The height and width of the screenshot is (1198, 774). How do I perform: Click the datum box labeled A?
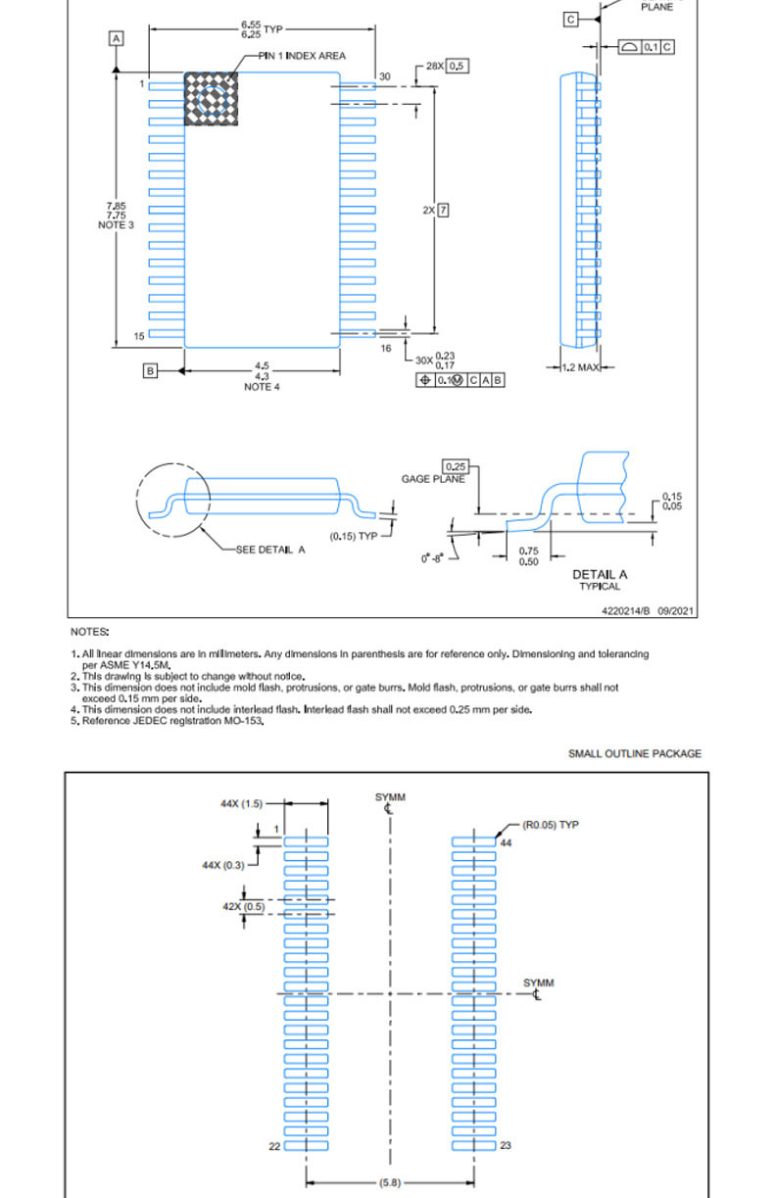tap(116, 38)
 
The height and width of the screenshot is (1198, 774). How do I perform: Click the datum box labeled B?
tap(150, 370)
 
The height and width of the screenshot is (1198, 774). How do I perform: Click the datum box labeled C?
tap(571, 20)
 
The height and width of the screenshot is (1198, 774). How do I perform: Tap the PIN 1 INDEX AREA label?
tap(302, 56)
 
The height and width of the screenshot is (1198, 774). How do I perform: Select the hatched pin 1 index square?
tap(211, 99)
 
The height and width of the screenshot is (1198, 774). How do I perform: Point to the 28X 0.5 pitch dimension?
tap(447, 66)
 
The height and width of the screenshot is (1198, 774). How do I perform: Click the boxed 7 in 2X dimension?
tap(443, 210)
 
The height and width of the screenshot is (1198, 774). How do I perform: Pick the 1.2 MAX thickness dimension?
tap(580, 367)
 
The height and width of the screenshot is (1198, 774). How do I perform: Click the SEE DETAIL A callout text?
tap(270, 550)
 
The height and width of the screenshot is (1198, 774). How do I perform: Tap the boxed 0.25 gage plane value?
tap(456, 466)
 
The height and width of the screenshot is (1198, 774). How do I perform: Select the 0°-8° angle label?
tap(432, 558)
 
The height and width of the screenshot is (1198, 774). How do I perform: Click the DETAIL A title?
tap(600, 574)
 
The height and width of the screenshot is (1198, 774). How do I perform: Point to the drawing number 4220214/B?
tap(626, 611)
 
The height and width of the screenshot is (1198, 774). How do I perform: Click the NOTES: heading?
tap(90, 632)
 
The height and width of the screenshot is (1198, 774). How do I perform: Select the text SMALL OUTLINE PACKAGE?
tap(635, 753)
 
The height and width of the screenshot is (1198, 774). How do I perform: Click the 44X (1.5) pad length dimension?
tap(242, 803)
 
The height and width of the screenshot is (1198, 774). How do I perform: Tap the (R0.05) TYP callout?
tap(551, 825)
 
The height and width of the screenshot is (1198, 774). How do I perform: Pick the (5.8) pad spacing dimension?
tap(390, 1182)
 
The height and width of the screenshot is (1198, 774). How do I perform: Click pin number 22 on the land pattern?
tap(274, 1146)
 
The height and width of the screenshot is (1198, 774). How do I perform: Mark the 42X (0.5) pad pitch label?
tap(244, 906)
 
